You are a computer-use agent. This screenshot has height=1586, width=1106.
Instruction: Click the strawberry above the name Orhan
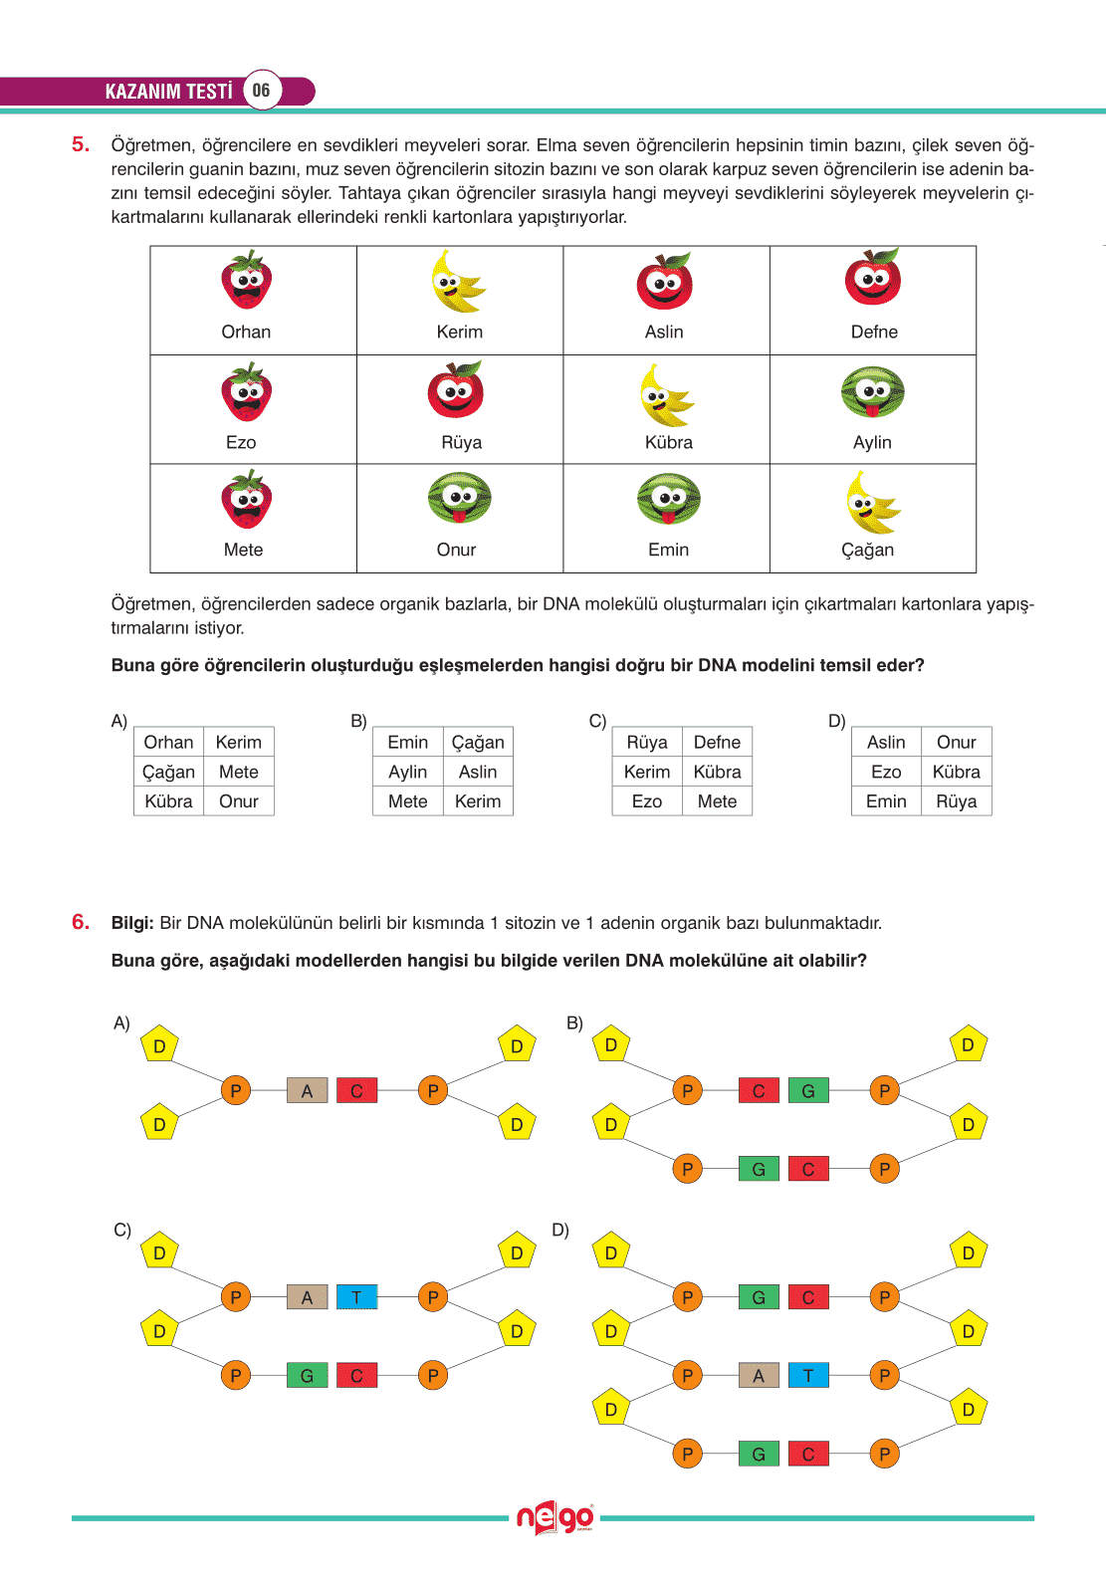click(x=246, y=282)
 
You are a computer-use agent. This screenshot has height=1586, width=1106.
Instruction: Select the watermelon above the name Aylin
click(x=873, y=393)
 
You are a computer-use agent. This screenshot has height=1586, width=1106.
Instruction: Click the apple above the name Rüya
click(x=456, y=390)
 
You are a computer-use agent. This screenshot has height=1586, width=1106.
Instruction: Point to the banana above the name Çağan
click(x=870, y=503)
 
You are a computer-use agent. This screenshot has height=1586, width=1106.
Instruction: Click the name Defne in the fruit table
click(x=874, y=332)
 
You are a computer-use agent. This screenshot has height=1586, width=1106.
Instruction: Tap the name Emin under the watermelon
click(x=668, y=550)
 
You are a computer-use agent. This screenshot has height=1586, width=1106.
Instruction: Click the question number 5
click(x=81, y=144)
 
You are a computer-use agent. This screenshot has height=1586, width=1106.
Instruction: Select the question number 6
click(x=81, y=922)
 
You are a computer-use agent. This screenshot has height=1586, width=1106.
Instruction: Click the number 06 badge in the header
click(x=261, y=91)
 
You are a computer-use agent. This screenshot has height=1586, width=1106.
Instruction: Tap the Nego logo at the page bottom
click(x=554, y=1518)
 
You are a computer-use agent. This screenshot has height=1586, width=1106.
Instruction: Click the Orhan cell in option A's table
click(x=168, y=742)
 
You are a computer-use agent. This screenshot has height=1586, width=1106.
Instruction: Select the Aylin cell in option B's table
click(x=407, y=772)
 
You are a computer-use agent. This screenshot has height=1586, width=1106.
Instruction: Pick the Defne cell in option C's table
click(x=717, y=742)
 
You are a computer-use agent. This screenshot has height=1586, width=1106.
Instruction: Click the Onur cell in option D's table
click(x=956, y=742)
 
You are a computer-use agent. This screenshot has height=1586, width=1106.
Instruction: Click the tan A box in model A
click(x=307, y=1091)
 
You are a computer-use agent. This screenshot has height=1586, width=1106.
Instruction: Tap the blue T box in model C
click(x=356, y=1297)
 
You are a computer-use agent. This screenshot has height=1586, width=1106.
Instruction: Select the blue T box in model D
click(x=808, y=1376)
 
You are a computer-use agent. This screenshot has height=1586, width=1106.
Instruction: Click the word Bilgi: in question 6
click(x=132, y=923)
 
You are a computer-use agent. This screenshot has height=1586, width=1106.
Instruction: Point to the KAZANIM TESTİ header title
click(x=168, y=92)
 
